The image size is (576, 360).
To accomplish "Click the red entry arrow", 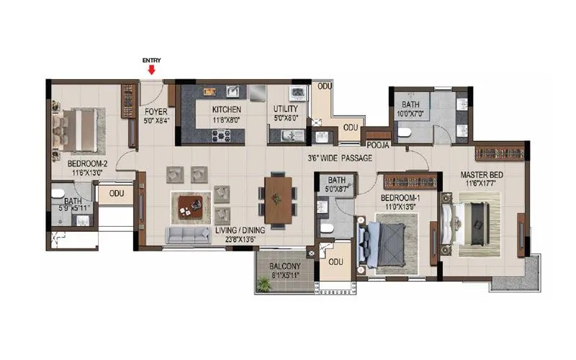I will (x=151, y=70).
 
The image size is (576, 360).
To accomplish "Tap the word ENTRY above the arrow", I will (x=151, y=60).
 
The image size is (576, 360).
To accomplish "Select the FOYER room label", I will (x=156, y=112).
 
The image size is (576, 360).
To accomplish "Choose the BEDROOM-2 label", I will (x=87, y=163).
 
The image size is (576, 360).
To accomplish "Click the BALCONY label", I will (x=284, y=266).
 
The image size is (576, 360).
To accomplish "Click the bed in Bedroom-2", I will (x=79, y=130).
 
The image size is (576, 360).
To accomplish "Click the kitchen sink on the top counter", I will (x=233, y=91).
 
